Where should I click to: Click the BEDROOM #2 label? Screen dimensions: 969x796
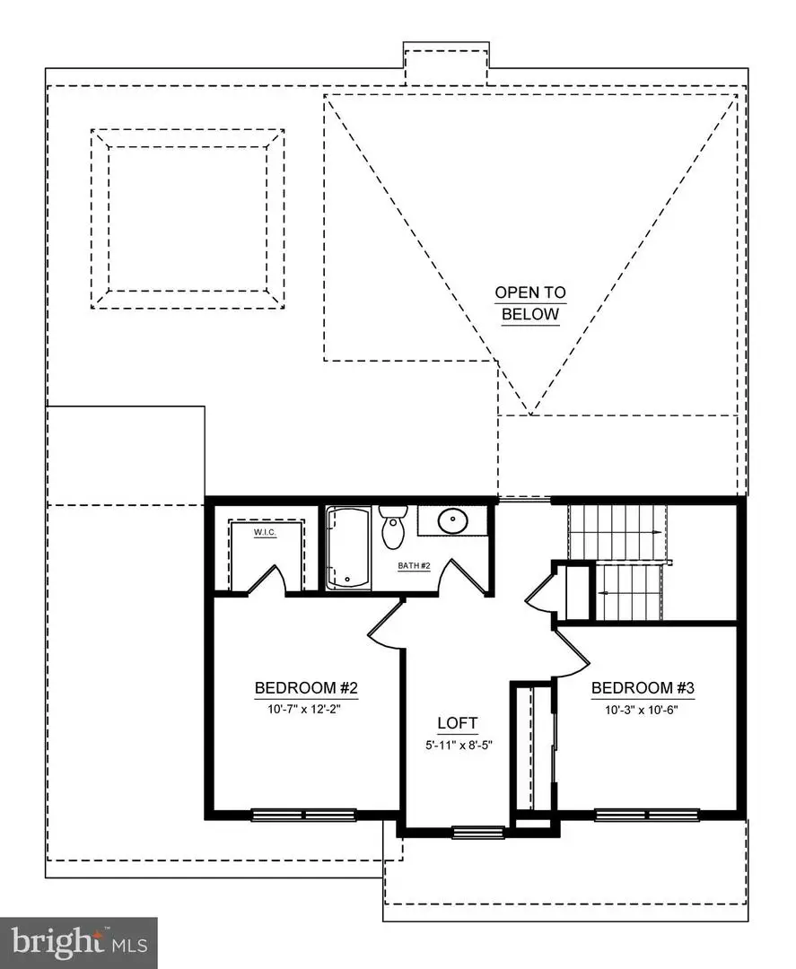307,688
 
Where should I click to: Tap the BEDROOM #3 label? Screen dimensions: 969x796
643,688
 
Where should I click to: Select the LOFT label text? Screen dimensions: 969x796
458,722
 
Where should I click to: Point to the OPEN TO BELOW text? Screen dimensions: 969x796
530,303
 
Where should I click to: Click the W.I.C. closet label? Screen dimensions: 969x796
265,533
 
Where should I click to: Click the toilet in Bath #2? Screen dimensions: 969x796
393,528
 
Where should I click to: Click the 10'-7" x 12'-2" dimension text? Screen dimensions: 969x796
307,707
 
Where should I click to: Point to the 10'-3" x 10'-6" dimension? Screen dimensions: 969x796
643,707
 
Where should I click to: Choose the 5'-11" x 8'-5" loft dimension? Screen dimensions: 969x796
458,743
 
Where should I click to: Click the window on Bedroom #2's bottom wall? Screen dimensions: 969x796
303,815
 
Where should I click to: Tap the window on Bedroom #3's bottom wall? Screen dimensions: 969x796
646,815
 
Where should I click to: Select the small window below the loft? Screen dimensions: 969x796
472,832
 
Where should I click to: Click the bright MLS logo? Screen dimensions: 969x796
79,942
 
